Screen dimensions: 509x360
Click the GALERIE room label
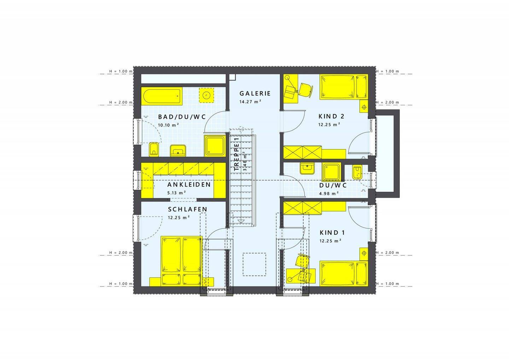[255, 93]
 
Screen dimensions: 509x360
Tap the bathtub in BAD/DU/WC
[162, 96]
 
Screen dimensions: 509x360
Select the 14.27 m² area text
[250, 101]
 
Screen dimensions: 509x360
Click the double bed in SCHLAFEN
[181, 261]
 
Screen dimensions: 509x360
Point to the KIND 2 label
[331, 116]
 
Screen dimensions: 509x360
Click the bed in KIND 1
[343, 273]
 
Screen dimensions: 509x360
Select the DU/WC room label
[333, 185]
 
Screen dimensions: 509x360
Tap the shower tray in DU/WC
[332, 172]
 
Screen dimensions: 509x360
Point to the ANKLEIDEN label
[189, 185]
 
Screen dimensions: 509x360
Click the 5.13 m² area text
[177, 193]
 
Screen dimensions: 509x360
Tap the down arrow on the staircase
[241, 221]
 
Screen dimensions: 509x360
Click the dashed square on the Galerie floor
[255, 264]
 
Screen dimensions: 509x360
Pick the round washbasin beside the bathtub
[206, 95]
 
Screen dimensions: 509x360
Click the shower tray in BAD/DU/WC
[215, 146]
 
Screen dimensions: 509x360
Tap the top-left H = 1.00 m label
[121, 71]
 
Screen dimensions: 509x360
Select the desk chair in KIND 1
[302, 262]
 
